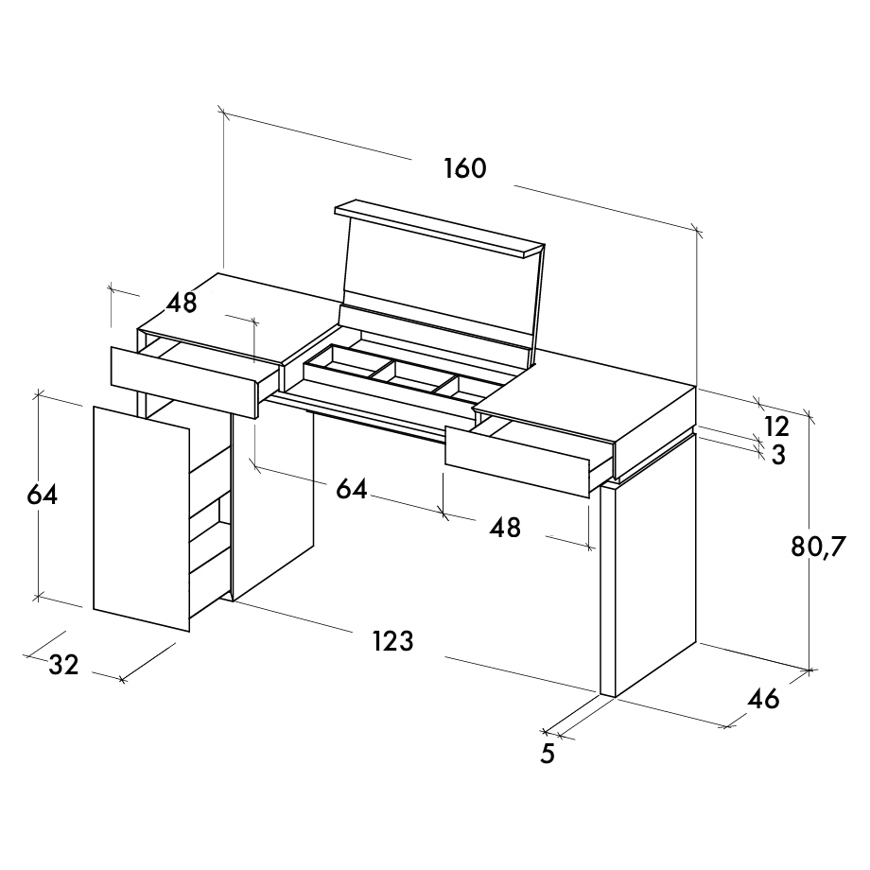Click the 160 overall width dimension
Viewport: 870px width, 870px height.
(x=465, y=168)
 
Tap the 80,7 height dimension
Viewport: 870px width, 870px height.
(x=817, y=548)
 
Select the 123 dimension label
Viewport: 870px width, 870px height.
(x=392, y=641)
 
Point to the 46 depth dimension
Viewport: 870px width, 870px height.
(x=763, y=699)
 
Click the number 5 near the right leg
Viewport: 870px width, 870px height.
(x=548, y=753)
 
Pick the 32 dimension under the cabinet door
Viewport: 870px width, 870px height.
(x=63, y=664)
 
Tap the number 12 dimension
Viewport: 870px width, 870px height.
(x=776, y=426)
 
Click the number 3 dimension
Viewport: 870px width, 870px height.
(x=778, y=455)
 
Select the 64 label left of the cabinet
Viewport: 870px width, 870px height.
(x=43, y=495)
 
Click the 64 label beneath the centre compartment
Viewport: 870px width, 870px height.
(x=352, y=490)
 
